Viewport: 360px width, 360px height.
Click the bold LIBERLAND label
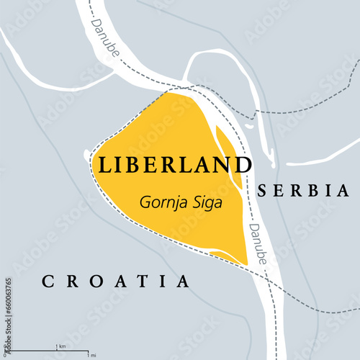pos(174,165)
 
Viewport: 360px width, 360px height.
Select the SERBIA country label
pos(303,191)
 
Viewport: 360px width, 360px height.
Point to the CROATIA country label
pos(115,281)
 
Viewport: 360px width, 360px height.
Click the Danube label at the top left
pos(105,34)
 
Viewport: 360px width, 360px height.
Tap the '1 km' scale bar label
pos(63,346)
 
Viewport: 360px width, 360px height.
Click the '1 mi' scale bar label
pos(91,355)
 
